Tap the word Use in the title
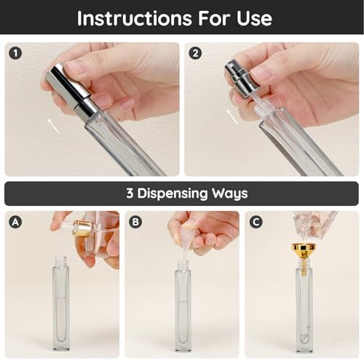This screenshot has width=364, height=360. tap(254, 18)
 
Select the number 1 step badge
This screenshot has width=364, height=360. tap(15, 53)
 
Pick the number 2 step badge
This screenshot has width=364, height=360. tap(195, 53)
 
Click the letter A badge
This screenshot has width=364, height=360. tap(15, 222)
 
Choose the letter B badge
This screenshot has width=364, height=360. tap(135, 222)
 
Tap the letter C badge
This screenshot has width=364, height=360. tap(256, 222)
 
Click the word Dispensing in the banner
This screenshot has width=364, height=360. tap(173, 193)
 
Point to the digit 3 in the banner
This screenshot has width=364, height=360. tap(130, 193)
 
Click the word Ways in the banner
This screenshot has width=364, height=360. tap(230, 193)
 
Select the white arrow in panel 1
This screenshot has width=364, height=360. tap(53, 126)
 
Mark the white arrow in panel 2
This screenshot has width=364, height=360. tap(232, 116)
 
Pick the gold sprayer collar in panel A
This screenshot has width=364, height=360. tap(83, 228)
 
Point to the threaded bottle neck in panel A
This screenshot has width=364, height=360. tap(61, 262)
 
